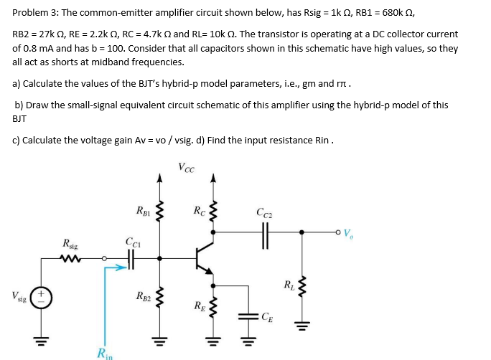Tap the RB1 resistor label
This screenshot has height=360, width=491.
(144, 211)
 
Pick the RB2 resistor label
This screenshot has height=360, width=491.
(144, 295)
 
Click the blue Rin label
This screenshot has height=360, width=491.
(105, 352)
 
